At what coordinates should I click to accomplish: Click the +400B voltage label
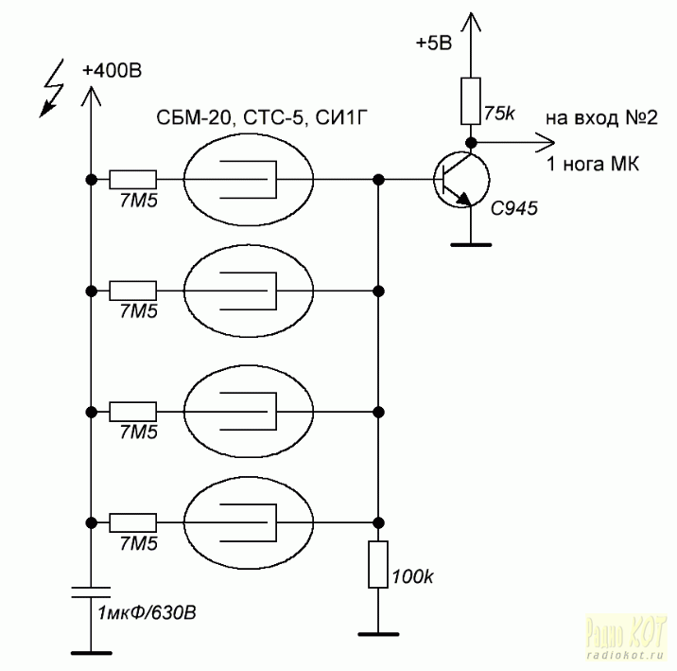tap(112, 70)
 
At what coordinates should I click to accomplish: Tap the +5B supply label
tap(434, 44)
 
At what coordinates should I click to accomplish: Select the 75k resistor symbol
tap(471, 101)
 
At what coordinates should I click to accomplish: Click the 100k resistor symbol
tap(378, 564)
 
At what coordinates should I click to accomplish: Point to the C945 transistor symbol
tap(461, 179)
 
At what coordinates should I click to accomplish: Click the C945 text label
tap(514, 208)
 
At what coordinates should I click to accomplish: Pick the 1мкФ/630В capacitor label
tap(147, 612)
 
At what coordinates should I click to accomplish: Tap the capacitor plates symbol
tap(91, 592)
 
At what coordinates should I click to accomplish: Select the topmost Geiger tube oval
tap(249, 179)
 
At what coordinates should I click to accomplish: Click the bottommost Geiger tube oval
tap(249, 523)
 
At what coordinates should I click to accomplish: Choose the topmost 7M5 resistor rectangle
tap(133, 179)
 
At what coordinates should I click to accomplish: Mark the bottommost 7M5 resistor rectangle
tap(133, 522)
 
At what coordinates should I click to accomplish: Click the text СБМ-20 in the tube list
tap(194, 117)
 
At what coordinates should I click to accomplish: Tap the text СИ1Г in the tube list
tap(341, 117)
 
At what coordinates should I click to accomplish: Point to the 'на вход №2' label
tap(601, 117)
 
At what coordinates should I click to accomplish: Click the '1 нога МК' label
tap(593, 164)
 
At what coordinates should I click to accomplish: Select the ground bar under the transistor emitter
tap(471, 245)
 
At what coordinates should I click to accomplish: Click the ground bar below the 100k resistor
tap(378, 635)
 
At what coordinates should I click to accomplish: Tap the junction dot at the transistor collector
tap(471, 142)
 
